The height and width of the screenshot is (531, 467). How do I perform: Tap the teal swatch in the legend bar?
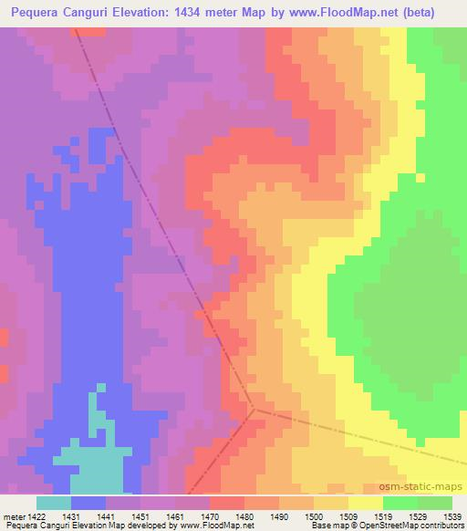tap(54, 503)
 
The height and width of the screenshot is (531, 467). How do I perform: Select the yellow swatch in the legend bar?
tap(366, 503)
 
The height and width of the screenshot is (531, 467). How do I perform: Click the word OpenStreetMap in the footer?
tap(379, 526)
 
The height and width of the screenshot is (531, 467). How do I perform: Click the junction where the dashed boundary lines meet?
tap(254, 410)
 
